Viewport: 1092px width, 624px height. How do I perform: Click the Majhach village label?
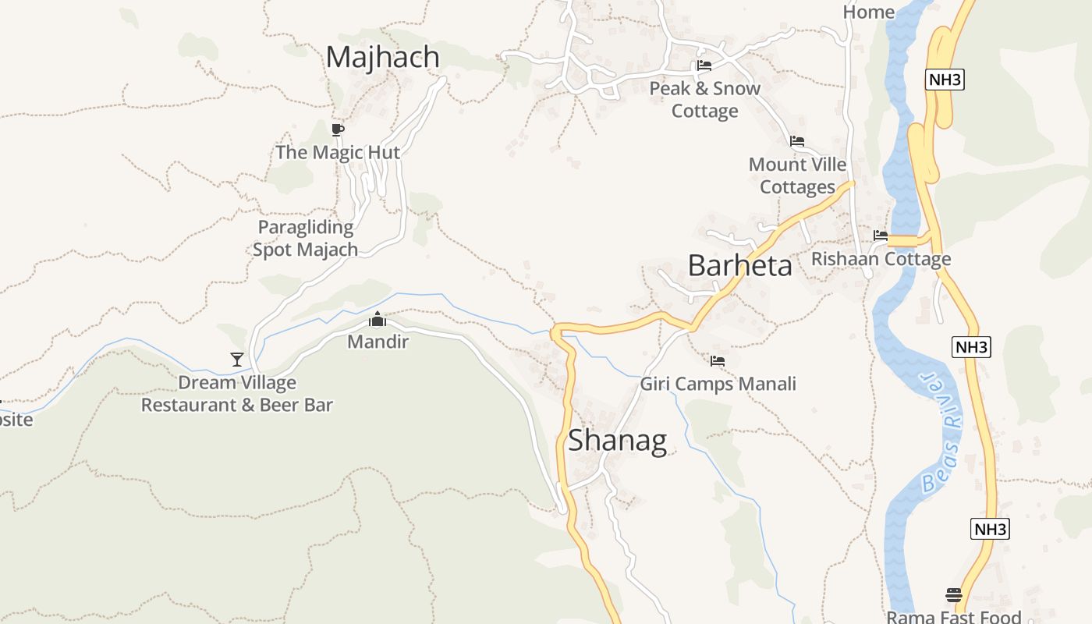point(382,58)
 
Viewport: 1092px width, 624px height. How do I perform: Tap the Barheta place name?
point(739,266)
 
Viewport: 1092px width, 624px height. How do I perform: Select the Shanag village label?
point(617,441)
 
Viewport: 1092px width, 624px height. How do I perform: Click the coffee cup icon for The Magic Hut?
point(337,129)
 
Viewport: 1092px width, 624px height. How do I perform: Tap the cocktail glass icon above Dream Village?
point(237,360)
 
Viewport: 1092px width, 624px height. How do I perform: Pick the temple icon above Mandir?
point(378,320)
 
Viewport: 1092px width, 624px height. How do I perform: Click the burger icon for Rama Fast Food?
point(953,595)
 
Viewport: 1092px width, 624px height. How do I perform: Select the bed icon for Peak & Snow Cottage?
point(704,66)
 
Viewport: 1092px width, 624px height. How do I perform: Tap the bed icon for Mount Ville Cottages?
point(796,141)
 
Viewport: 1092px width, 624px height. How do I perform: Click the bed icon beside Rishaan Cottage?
point(881,236)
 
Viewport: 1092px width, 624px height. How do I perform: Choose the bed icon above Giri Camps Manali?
point(718,361)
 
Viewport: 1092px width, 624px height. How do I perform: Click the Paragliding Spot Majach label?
point(305,239)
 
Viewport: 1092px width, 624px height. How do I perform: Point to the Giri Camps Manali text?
point(718,384)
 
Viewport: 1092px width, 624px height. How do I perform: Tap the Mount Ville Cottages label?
point(797,175)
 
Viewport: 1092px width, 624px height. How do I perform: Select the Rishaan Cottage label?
point(881,259)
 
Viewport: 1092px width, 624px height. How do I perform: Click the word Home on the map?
point(868,12)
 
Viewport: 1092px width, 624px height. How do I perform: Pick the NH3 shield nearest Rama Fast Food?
point(990,529)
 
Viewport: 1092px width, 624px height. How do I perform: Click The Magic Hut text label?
point(337,152)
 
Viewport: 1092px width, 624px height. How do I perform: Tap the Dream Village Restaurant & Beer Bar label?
point(237,394)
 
